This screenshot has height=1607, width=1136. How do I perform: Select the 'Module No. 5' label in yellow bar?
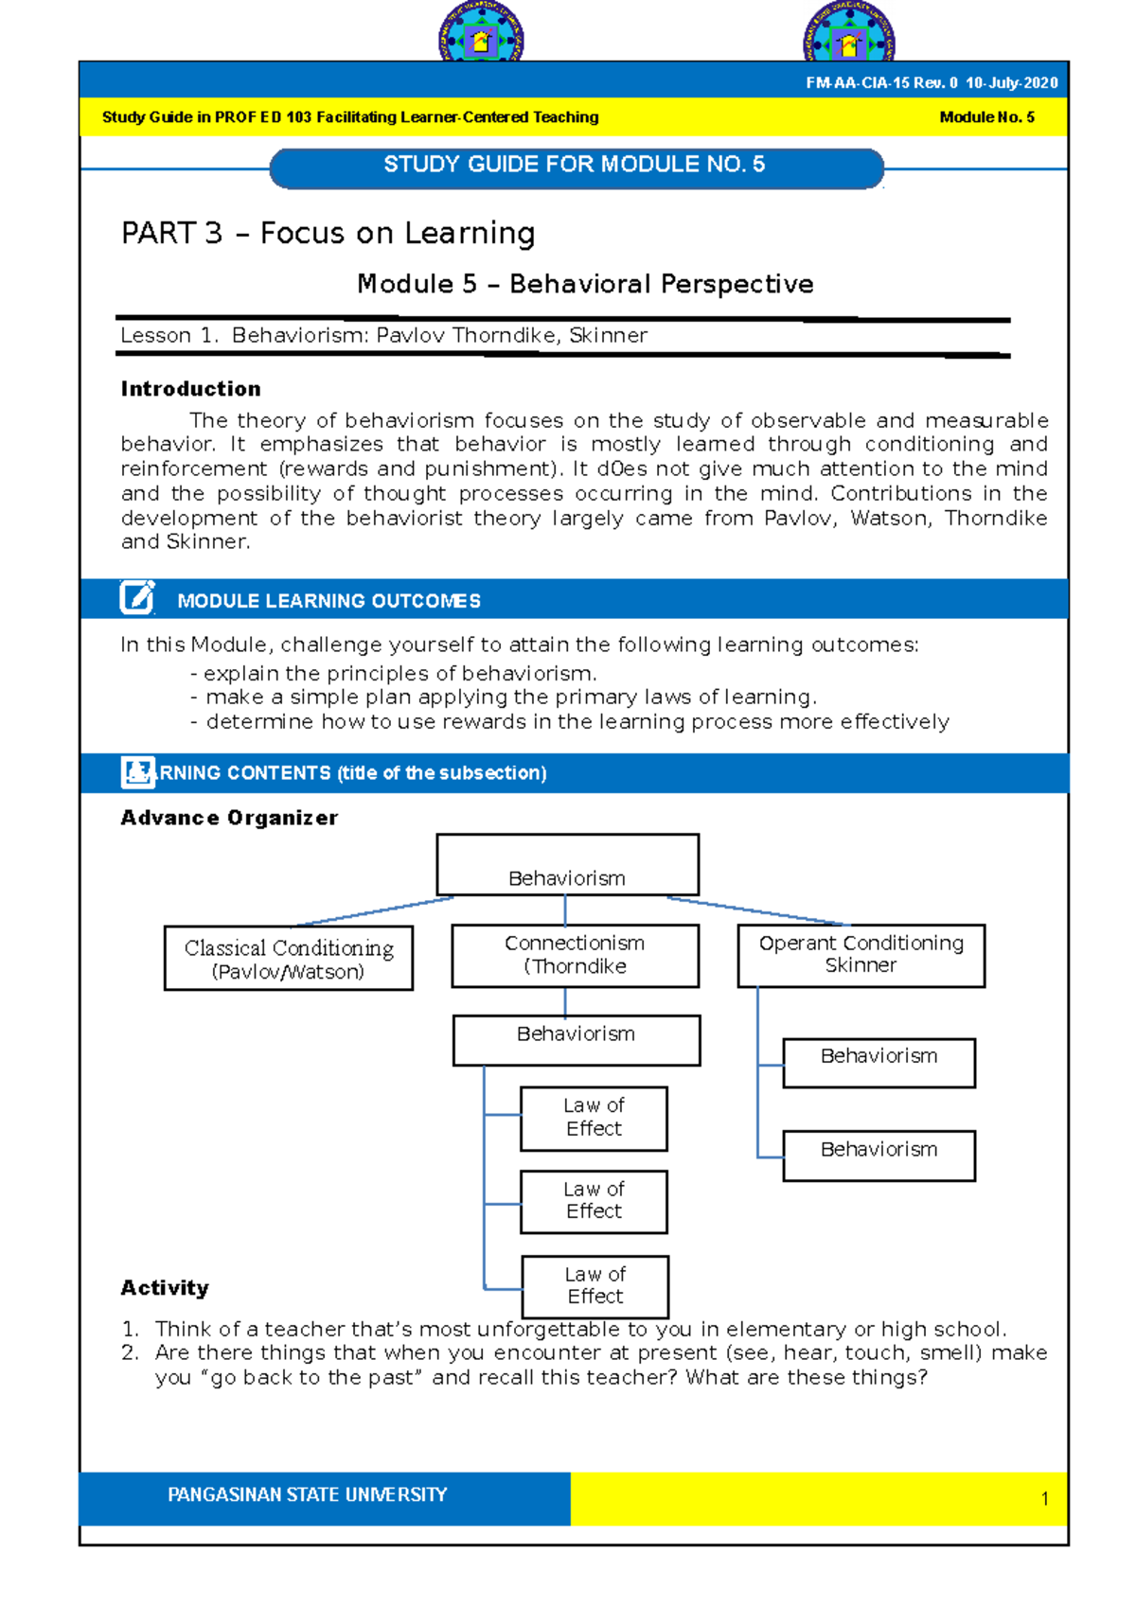(x=986, y=117)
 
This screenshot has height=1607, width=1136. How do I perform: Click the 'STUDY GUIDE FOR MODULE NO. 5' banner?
(x=576, y=166)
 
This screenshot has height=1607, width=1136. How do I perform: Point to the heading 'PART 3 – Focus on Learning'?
(x=328, y=233)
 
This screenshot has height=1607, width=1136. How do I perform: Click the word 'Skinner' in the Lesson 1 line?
(x=608, y=335)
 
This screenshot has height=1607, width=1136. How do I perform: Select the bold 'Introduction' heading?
(x=190, y=389)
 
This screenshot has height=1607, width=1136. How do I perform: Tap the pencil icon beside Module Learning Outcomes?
(x=137, y=598)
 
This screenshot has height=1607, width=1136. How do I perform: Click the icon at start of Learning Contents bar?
(x=137, y=772)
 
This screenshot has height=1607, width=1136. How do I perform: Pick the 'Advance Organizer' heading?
(x=228, y=818)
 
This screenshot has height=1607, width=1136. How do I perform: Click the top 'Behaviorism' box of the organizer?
(x=567, y=865)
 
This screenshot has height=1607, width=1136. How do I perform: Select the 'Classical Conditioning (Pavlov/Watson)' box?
(x=288, y=959)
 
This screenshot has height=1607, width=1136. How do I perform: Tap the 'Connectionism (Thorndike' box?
(x=575, y=956)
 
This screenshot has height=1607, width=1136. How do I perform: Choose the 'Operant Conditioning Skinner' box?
(x=861, y=955)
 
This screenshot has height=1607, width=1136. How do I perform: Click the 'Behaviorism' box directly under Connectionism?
(x=576, y=1039)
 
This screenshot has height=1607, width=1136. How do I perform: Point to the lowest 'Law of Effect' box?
(x=595, y=1286)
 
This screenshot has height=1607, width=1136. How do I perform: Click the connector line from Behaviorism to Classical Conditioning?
(x=374, y=911)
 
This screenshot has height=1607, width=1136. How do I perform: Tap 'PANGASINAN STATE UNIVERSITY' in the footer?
(x=307, y=1495)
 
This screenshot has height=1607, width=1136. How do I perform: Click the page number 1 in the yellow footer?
(x=1044, y=1499)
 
